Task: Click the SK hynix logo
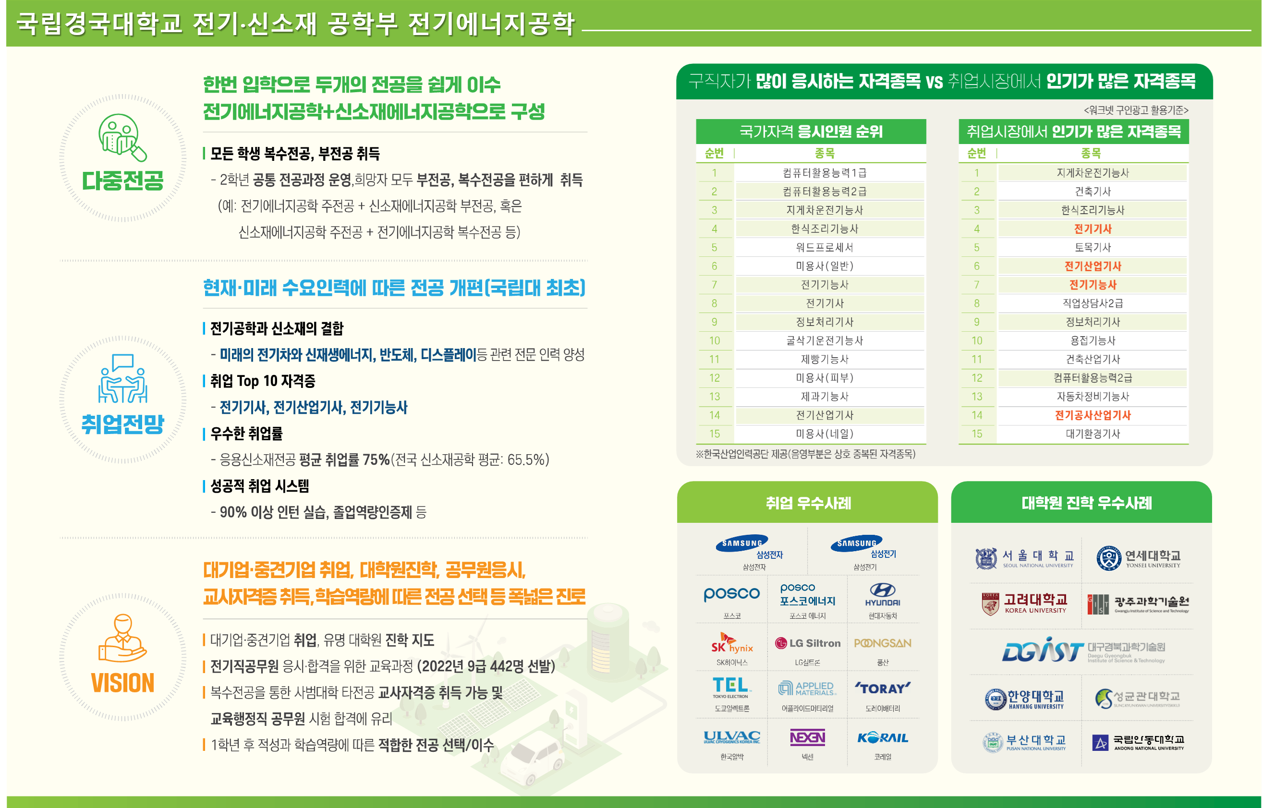(731, 643)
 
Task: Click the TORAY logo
(883, 688)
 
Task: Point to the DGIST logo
(1043, 651)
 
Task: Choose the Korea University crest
(990, 604)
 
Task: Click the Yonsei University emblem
(1108, 558)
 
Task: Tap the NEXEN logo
(807, 737)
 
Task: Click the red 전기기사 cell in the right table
(1092, 229)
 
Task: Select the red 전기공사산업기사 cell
(1092, 415)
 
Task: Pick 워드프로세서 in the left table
(825, 247)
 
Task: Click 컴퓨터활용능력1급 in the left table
(825, 173)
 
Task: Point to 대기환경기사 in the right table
(1092, 434)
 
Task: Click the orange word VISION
(123, 683)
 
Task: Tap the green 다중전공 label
(123, 180)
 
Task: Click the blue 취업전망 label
(123, 423)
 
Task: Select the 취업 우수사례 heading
(808, 503)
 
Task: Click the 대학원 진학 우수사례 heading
(1086, 503)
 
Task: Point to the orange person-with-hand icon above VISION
(123, 638)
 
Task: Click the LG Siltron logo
(808, 643)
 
